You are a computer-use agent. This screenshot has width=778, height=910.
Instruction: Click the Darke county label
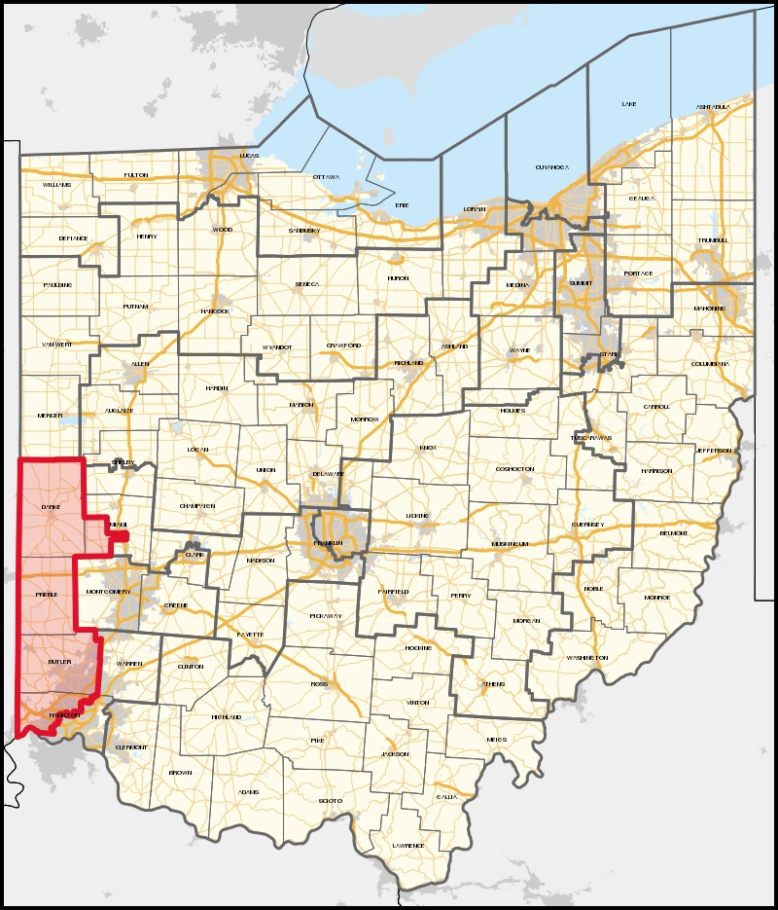(x=51, y=508)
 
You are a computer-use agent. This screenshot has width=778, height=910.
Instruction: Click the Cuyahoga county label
(x=549, y=167)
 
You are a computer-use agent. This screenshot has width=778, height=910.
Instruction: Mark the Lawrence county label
(x=408, y=846)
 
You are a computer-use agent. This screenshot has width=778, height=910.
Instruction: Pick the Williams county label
(x=56, y=184)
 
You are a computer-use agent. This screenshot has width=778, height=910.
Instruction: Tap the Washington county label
(x=586, y=658)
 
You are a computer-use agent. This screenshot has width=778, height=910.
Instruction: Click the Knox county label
(x=429, y=448)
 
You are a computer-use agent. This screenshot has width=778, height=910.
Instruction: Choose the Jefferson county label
(x=713, y=451)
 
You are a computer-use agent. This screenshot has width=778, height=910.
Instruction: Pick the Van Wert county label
(x=56, y=345)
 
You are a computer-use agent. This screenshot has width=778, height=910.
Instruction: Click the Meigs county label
(x=496, y=740)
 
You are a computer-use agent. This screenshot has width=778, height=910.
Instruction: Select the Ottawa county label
(x=326, y=178)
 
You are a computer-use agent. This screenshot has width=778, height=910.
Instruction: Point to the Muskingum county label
(x=509, y=543)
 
